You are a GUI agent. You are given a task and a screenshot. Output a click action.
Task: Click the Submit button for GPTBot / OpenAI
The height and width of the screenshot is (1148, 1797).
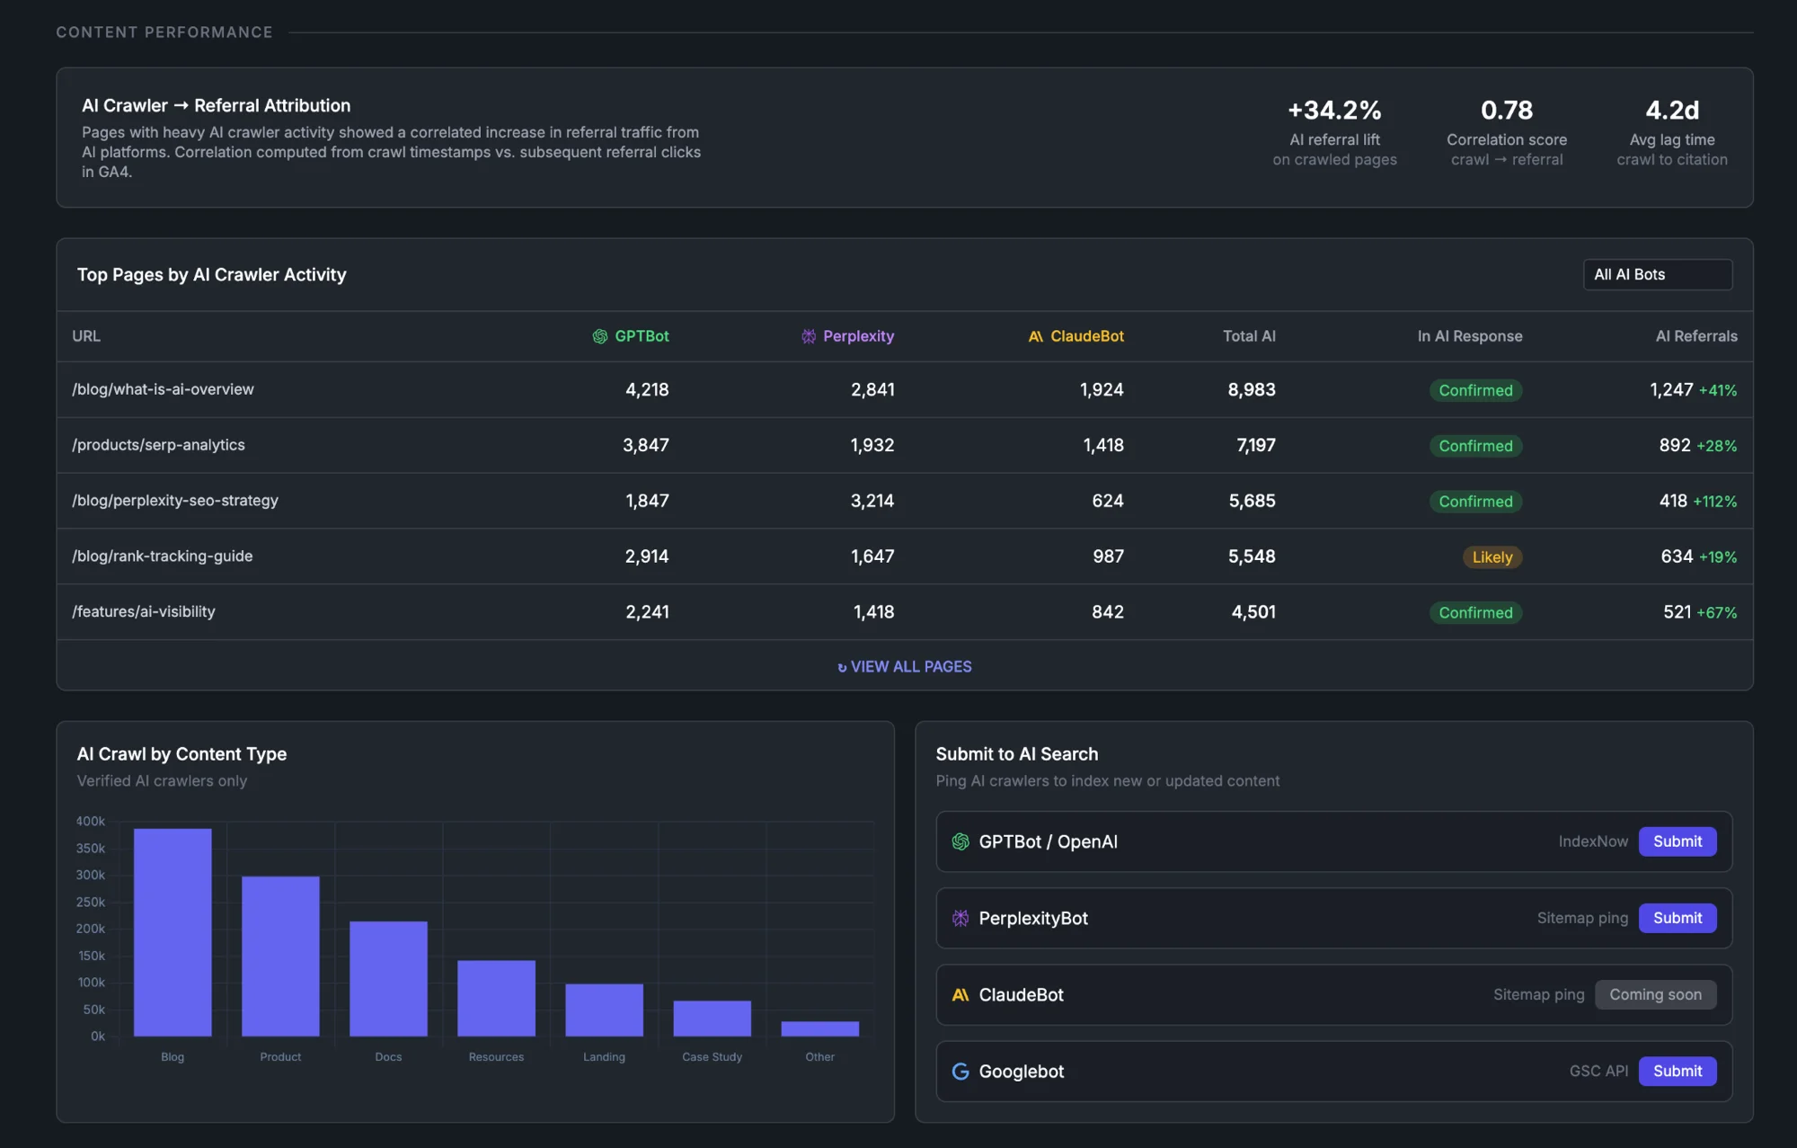pos(1677,841)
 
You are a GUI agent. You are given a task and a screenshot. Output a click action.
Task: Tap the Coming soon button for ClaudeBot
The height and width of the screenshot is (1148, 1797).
pos(1655,994)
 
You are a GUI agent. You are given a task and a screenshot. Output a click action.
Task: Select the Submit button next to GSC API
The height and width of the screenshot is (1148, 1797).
pos(1677,1071)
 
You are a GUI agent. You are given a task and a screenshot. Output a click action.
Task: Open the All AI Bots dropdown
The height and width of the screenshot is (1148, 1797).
pos(1657,274)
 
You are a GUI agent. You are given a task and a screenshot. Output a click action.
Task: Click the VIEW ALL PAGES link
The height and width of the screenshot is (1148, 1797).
pos(905,666)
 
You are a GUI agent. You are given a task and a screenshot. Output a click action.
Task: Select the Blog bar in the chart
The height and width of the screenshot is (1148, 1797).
pos(173,931)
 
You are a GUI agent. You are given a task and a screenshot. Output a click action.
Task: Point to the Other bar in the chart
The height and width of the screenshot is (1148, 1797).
pos(819,1028)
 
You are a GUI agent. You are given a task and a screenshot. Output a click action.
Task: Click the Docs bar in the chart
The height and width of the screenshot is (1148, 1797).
pos(388,978)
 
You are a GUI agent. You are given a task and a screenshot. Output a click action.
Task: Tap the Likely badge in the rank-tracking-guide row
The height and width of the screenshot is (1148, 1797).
pos(1492,557)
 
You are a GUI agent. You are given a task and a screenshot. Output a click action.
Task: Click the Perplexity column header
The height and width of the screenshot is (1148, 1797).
pos(857,336)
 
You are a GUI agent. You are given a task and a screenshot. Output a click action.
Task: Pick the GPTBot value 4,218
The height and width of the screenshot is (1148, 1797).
pos(647,389)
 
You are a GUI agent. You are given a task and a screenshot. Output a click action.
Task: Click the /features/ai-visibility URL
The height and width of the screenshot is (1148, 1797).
pos(144,611)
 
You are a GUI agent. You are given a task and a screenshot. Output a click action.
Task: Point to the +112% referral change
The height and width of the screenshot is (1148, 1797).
pos(1714,502)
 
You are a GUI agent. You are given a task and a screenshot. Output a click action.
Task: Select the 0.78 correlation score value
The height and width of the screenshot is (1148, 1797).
pos(1506,111)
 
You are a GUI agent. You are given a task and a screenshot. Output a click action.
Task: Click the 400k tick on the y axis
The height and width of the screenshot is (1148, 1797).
pos(91,821)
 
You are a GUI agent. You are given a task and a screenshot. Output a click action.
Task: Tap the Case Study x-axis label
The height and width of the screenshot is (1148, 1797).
pos(712,1056)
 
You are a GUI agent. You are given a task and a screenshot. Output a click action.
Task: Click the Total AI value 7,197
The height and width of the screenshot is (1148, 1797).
pos(1255,445)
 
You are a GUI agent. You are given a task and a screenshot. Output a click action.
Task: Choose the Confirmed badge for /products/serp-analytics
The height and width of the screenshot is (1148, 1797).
pos(1475,446)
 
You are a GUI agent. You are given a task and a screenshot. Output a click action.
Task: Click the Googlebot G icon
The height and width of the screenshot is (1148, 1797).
pos(960,1071)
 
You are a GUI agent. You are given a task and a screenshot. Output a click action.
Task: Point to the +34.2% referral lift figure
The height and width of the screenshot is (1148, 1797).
pos(1334,111)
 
